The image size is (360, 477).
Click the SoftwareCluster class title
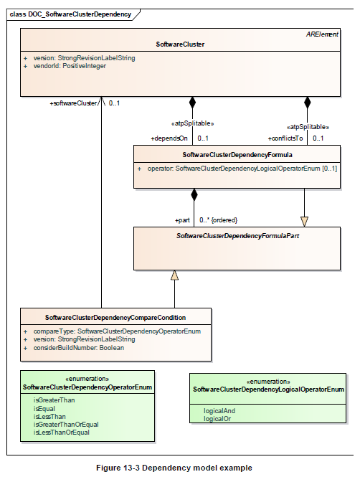click(180, 44)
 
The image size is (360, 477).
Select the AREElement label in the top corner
click(322, 34)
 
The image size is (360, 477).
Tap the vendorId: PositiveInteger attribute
click(70, 66)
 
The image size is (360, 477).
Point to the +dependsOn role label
click(169, 138)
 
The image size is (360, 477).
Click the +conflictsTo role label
click(285, 138)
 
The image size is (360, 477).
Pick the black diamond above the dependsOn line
click(192, 103)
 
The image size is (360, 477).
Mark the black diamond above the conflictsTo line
click(308, 103)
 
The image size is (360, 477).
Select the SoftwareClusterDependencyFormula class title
click(237, 155)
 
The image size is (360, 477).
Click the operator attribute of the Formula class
click(242, 169)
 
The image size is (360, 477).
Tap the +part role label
click(182, 220)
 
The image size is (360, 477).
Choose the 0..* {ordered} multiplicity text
click(218, 220)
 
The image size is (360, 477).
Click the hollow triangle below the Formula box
click(304, 222)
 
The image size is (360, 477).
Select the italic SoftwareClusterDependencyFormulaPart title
click(238, 236)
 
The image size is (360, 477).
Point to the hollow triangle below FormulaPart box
click(174, 275)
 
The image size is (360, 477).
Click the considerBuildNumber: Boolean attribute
click(78, 348)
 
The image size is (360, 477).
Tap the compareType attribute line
click(117, 331)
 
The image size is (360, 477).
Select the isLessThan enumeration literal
click(49, 417)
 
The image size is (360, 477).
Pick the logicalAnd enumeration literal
click(219, 411)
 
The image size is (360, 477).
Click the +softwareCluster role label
click(73, 103)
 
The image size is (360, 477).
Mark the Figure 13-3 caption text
click(174, 468)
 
